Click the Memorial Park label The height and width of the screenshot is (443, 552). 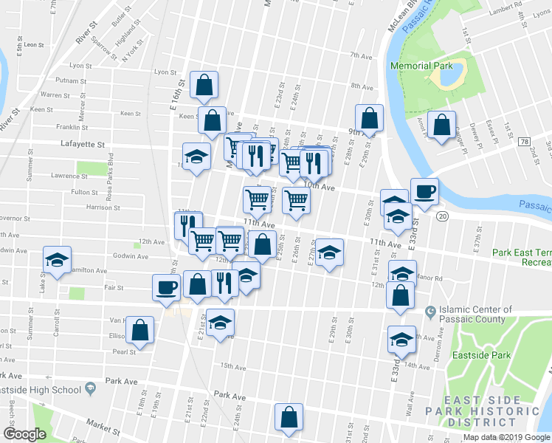[421, 66]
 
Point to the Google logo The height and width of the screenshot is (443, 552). [24, 433]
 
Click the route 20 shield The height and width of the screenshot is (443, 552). [442, 216]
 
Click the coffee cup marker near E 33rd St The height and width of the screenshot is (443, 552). [424, 191]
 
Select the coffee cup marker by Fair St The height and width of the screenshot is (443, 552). [165, 286]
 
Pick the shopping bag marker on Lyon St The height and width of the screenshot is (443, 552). [203, 86]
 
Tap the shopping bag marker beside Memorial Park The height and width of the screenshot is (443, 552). [441, 125]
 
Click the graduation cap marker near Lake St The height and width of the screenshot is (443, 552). [57, 259]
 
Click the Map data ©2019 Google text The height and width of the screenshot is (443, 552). [506, 437]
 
